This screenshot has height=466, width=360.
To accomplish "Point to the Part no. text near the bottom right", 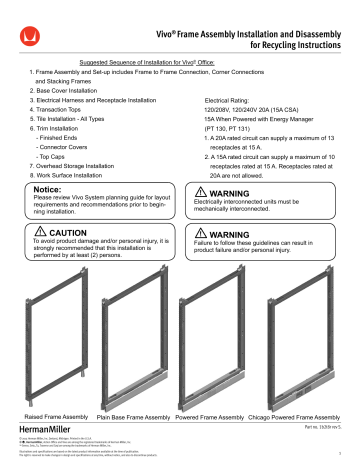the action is pyautogui.click(x=315, y=428).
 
